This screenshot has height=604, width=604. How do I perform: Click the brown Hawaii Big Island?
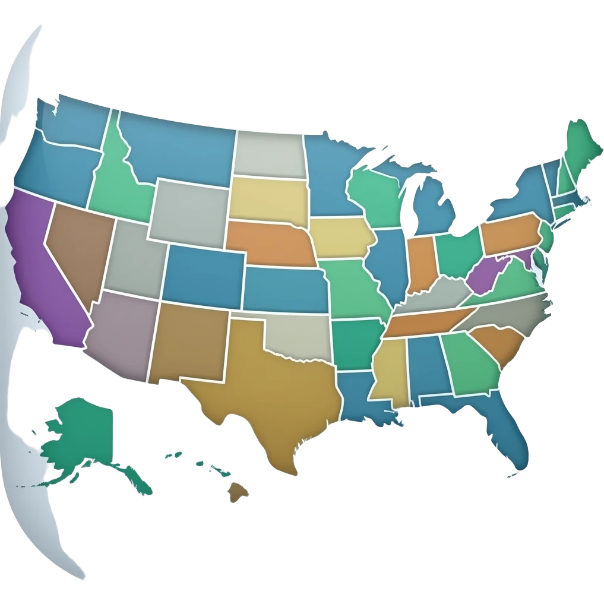[238, 491]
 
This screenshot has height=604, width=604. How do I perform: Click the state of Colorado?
[202, 273]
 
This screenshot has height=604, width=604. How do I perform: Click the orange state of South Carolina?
[499, 344]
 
